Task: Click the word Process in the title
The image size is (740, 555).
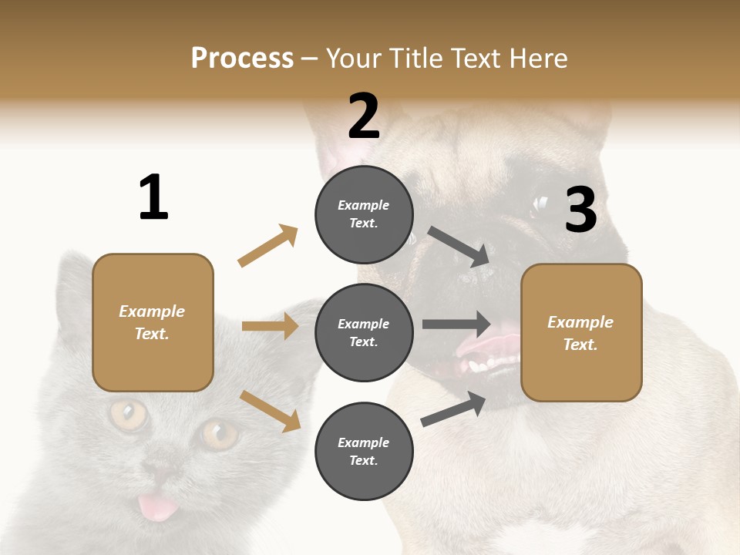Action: (242, 58)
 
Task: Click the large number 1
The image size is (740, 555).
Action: (153, 197)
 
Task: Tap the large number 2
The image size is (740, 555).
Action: (364, 116)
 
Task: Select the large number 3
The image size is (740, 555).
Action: (580, 210)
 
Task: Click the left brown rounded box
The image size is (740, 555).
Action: (153, 322)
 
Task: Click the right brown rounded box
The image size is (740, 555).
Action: (581, 332)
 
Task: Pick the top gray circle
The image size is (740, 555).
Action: (364, 214)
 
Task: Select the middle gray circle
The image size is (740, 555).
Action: (364, 332)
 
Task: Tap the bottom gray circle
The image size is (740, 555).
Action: (364, 451)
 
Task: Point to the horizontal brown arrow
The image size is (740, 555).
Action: (270, 326)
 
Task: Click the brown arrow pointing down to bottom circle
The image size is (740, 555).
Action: (270, 411)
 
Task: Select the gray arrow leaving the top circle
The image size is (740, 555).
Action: (459, 246)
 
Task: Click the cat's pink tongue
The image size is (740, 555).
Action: (157, 506)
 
